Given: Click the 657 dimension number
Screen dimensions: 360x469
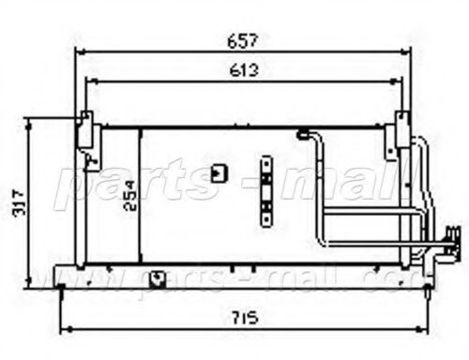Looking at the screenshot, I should tap(241, 41).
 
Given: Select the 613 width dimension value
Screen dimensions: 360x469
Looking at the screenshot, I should tap(241, 69).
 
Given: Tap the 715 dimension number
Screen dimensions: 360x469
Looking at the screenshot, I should tap(248, 312).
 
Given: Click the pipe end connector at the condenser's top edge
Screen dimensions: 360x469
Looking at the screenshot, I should tap(302, 136).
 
